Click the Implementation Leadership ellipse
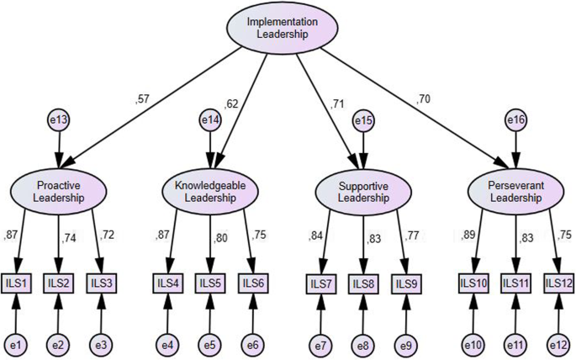(283, 28)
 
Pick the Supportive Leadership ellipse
(364, 192)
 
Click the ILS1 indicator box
(17, 282)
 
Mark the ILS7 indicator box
(320, 283)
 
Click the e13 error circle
(58, 121)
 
